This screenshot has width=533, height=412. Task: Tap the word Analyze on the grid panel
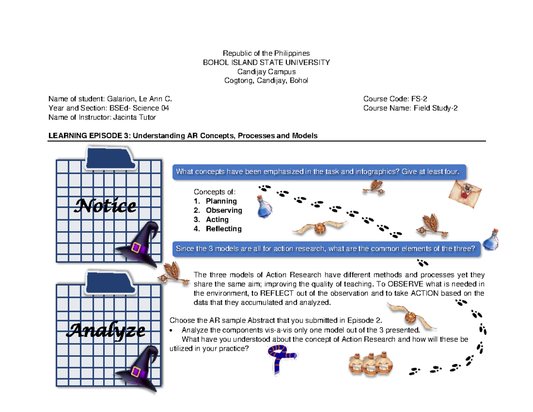click(106, 330)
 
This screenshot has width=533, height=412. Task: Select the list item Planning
click(221, 201)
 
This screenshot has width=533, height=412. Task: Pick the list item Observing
click(224, 210)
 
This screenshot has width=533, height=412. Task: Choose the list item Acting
click(217, 220)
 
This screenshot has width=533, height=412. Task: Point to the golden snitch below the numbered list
click(319, 228)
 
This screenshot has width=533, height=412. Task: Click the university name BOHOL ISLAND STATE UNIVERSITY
click(266, 62)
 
